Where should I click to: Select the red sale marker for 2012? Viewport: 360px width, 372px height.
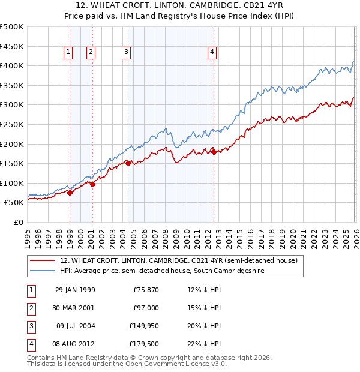pyautogui.click(x=214, y=152)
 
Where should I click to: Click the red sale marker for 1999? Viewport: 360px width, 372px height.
pyautogui.click(x=70, y=193)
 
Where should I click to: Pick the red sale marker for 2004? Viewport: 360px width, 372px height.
pyautogui.click(x=128, y=163)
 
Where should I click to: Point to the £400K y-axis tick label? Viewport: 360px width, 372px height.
pyautogui.click(x=12, y=65)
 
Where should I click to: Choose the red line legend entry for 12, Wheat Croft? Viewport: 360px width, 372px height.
pyautogui.click(x=178, y=261)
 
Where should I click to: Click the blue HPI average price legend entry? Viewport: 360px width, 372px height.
pyautogui.click(x=161, y=271)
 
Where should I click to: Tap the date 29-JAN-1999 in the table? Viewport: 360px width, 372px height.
pyautogui.click(x=75, y=290)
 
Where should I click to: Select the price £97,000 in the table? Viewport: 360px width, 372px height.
pyautogui.click(x=146, y=308)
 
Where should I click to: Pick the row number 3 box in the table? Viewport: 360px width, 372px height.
pyautogui.click(x=31, y=326)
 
